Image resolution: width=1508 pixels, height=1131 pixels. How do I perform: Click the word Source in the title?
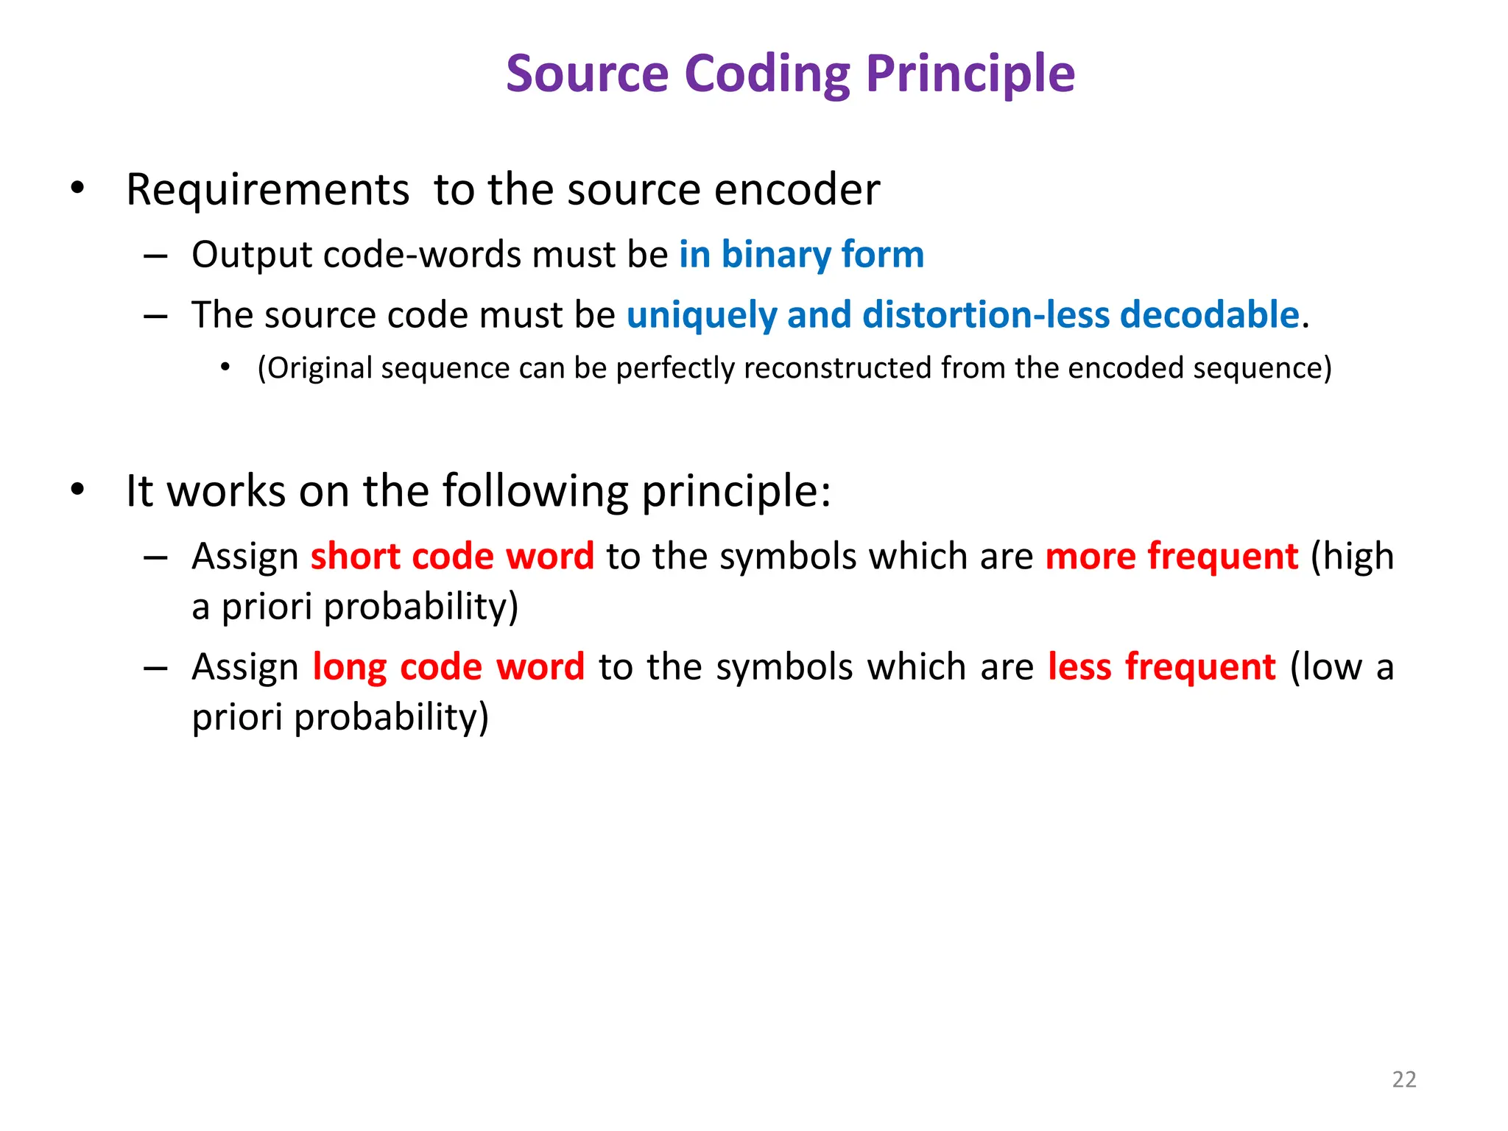587,74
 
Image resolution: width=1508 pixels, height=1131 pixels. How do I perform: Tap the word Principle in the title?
970,74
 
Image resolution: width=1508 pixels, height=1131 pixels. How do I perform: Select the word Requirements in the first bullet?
267,190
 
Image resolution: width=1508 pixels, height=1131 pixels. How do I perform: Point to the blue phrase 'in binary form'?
801,255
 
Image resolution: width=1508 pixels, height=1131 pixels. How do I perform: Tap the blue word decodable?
1209,315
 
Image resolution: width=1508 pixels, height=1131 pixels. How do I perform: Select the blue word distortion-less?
986,315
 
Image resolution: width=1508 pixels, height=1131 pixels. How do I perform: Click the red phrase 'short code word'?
452,557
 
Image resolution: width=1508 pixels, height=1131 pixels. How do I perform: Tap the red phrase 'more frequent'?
1171,557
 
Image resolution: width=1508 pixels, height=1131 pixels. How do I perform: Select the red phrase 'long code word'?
448,667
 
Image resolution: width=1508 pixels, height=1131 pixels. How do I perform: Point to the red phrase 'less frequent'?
1161,667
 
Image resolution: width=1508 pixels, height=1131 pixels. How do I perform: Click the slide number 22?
1403,1079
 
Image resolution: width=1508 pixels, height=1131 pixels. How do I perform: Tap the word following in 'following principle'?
535,491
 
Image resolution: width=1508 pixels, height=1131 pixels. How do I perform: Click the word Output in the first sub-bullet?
252,255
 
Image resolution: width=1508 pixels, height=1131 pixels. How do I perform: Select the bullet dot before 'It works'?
78,490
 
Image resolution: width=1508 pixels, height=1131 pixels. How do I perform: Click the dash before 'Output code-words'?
155,256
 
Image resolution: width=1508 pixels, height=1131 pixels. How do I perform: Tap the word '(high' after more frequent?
1353,557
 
